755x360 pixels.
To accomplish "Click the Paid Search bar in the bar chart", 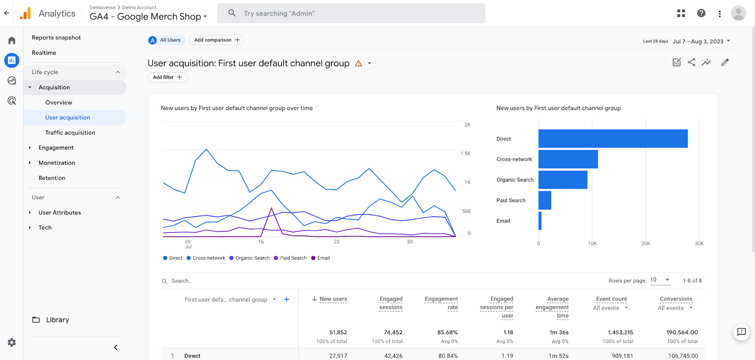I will [545, 201].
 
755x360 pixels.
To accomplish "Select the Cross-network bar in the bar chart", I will [568, 159].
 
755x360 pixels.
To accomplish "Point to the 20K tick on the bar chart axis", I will [646, 243].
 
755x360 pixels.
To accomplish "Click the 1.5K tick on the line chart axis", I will [465, 153].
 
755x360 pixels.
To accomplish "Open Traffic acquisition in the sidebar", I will [70, 133].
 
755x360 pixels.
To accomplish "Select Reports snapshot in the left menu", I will [56, 38].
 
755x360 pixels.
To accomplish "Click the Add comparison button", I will [217, 40].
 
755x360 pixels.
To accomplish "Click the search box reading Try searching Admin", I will [351, 13].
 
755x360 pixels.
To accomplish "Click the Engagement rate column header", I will [441, 303].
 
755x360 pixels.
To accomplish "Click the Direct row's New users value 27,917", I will [338, 356].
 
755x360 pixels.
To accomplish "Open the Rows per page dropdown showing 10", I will [660, 280].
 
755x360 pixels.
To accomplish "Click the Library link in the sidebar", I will [57, 320].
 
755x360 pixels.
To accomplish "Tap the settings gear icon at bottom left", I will [12, 343].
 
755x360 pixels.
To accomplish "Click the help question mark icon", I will [701, 13].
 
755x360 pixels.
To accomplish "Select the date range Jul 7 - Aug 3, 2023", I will [701, 42].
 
